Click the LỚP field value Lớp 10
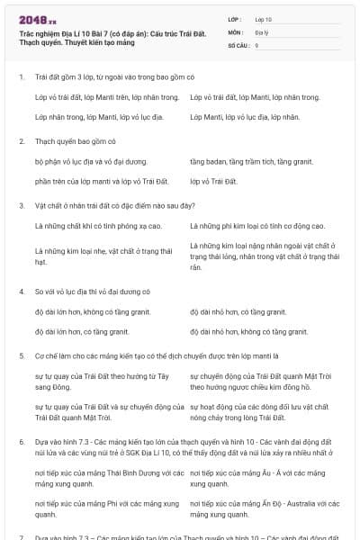click(264, 18)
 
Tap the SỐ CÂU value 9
click(257, 44)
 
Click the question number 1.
click(21, 77)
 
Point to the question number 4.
click(21, 292)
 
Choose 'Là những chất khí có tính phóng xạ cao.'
click(100, 226)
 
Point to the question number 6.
click(21, 443)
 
